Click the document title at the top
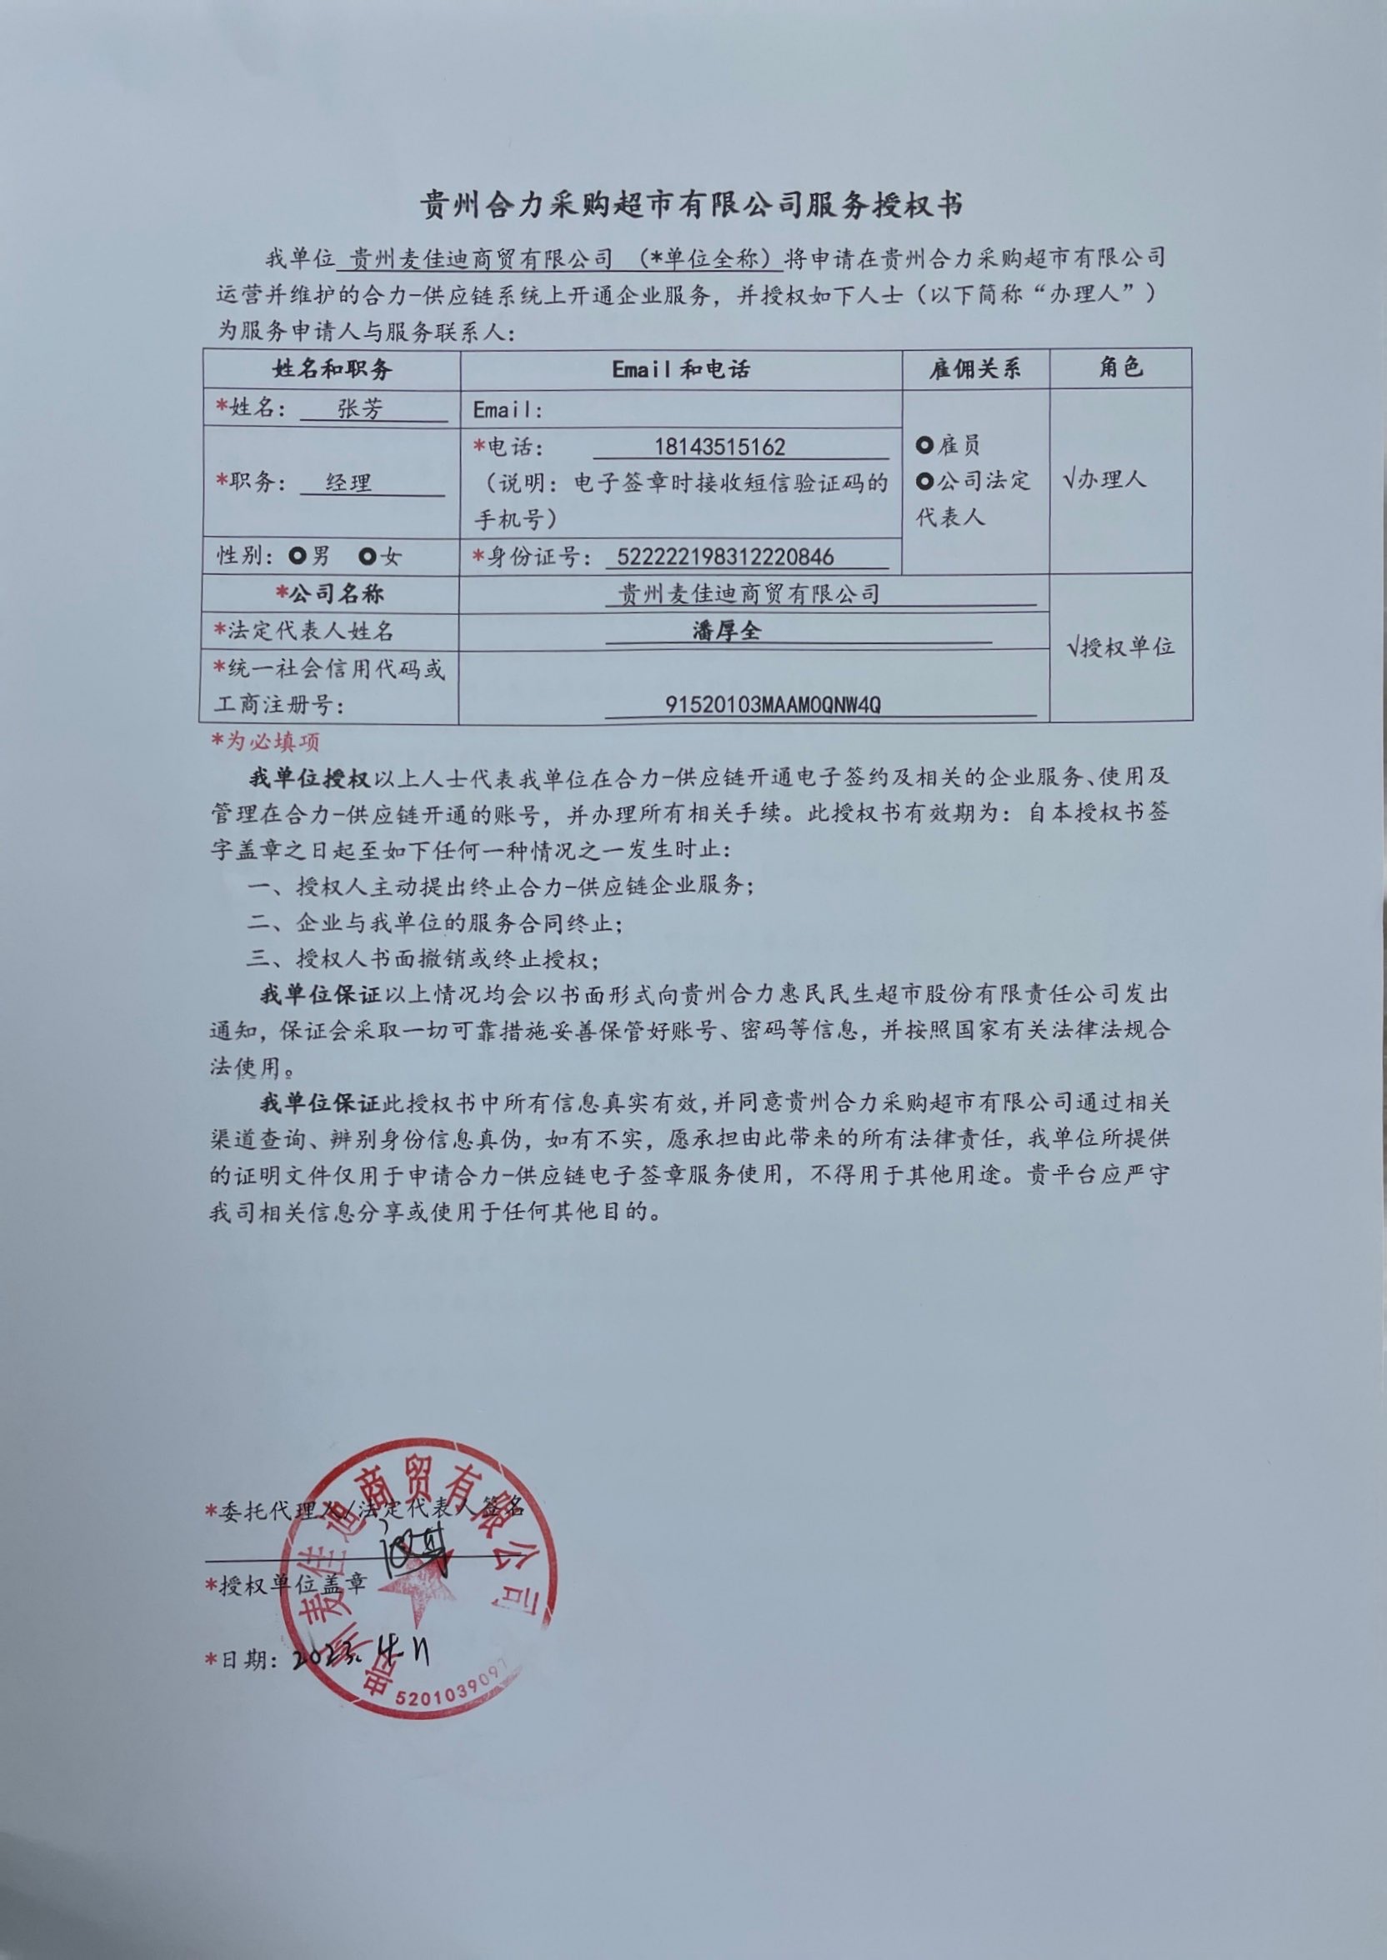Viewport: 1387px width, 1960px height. pos(692,206)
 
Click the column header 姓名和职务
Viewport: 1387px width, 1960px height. pos(333,369)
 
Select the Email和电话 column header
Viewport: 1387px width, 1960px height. pos(681,369)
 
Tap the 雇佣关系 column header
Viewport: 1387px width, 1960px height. pos(974,369)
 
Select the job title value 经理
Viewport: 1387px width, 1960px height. pos(348,482)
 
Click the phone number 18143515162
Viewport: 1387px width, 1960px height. pos(719,447)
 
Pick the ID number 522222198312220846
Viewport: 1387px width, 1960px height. pos(724,557)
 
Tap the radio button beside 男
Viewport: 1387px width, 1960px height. pos(298,557)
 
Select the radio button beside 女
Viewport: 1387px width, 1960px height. pos(368,557)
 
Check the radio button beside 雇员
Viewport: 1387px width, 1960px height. pos(924,445)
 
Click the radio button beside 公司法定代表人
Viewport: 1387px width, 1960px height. pos(924,482)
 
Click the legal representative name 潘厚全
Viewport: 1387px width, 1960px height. pos(726,631)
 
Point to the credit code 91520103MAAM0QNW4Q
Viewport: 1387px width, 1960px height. pos(773,704)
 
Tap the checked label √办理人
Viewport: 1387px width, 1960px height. pos(1104,479)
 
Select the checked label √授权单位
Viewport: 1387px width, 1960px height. pos(1120,648)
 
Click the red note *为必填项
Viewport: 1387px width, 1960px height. pos(266,742)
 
